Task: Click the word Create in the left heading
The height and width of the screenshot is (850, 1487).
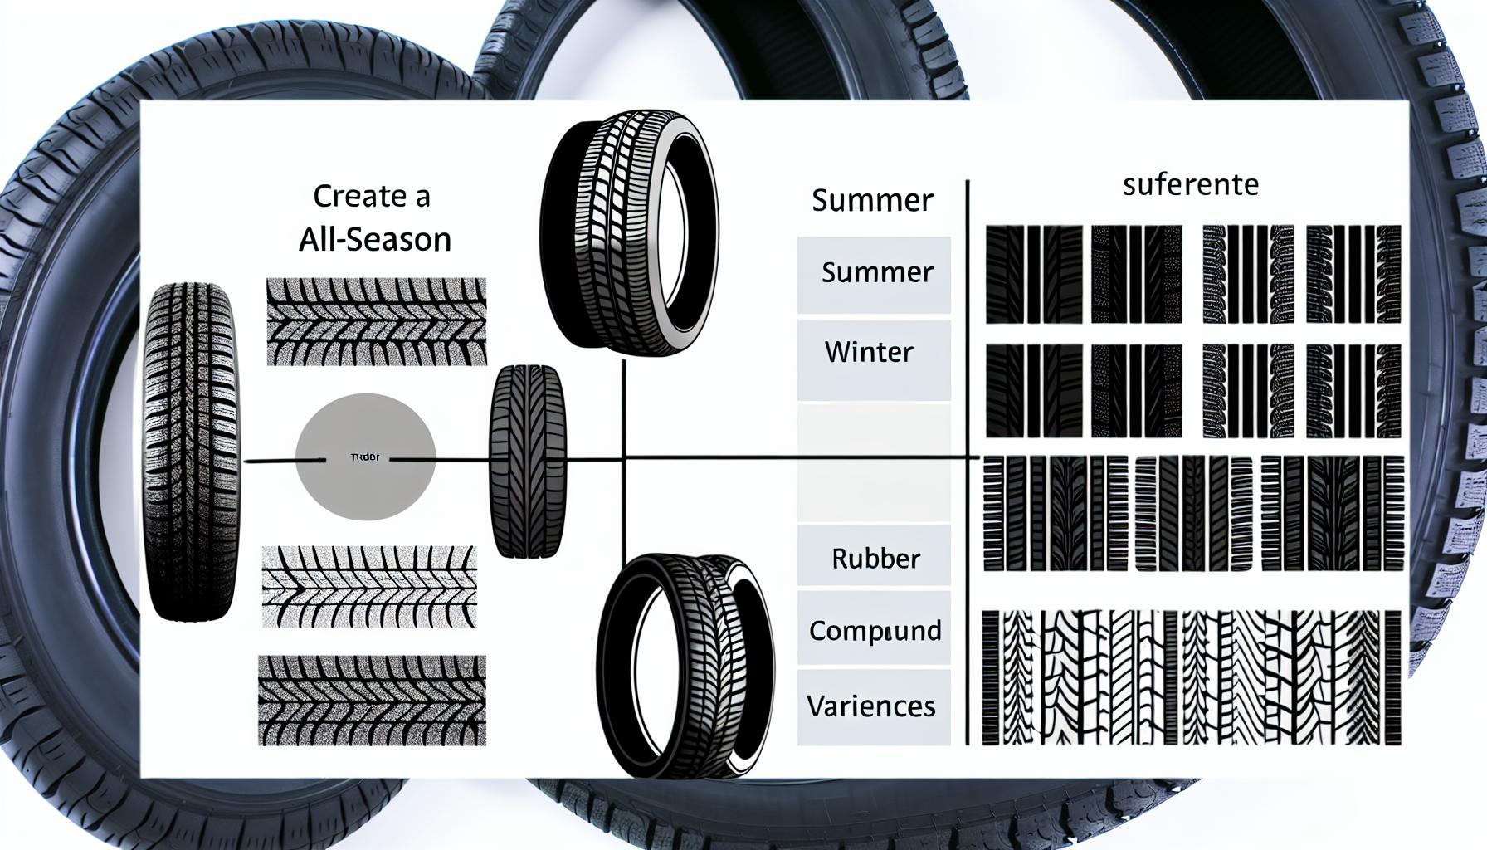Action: [349, 197]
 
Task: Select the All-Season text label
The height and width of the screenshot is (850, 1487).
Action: [374, 240]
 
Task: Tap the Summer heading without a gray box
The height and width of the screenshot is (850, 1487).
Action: [872, 200]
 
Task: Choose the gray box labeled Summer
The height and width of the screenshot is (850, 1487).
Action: [874, 274]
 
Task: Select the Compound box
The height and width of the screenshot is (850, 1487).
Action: [874, 630]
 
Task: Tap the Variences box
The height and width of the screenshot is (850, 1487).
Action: [874, 706]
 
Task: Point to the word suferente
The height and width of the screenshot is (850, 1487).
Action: [1190, 184]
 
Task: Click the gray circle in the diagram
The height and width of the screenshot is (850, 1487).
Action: [365, 457]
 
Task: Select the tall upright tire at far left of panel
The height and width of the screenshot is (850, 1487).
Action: [192, 452]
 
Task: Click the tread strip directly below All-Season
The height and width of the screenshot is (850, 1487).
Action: [376, 321]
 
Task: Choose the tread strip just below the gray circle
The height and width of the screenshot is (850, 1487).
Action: [369, 588]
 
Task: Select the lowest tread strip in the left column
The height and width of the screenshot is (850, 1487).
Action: [372, 700]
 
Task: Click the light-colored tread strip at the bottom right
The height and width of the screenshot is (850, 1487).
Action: [1192, 677]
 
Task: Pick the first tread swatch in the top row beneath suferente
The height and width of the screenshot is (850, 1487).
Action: [1033, 274]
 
